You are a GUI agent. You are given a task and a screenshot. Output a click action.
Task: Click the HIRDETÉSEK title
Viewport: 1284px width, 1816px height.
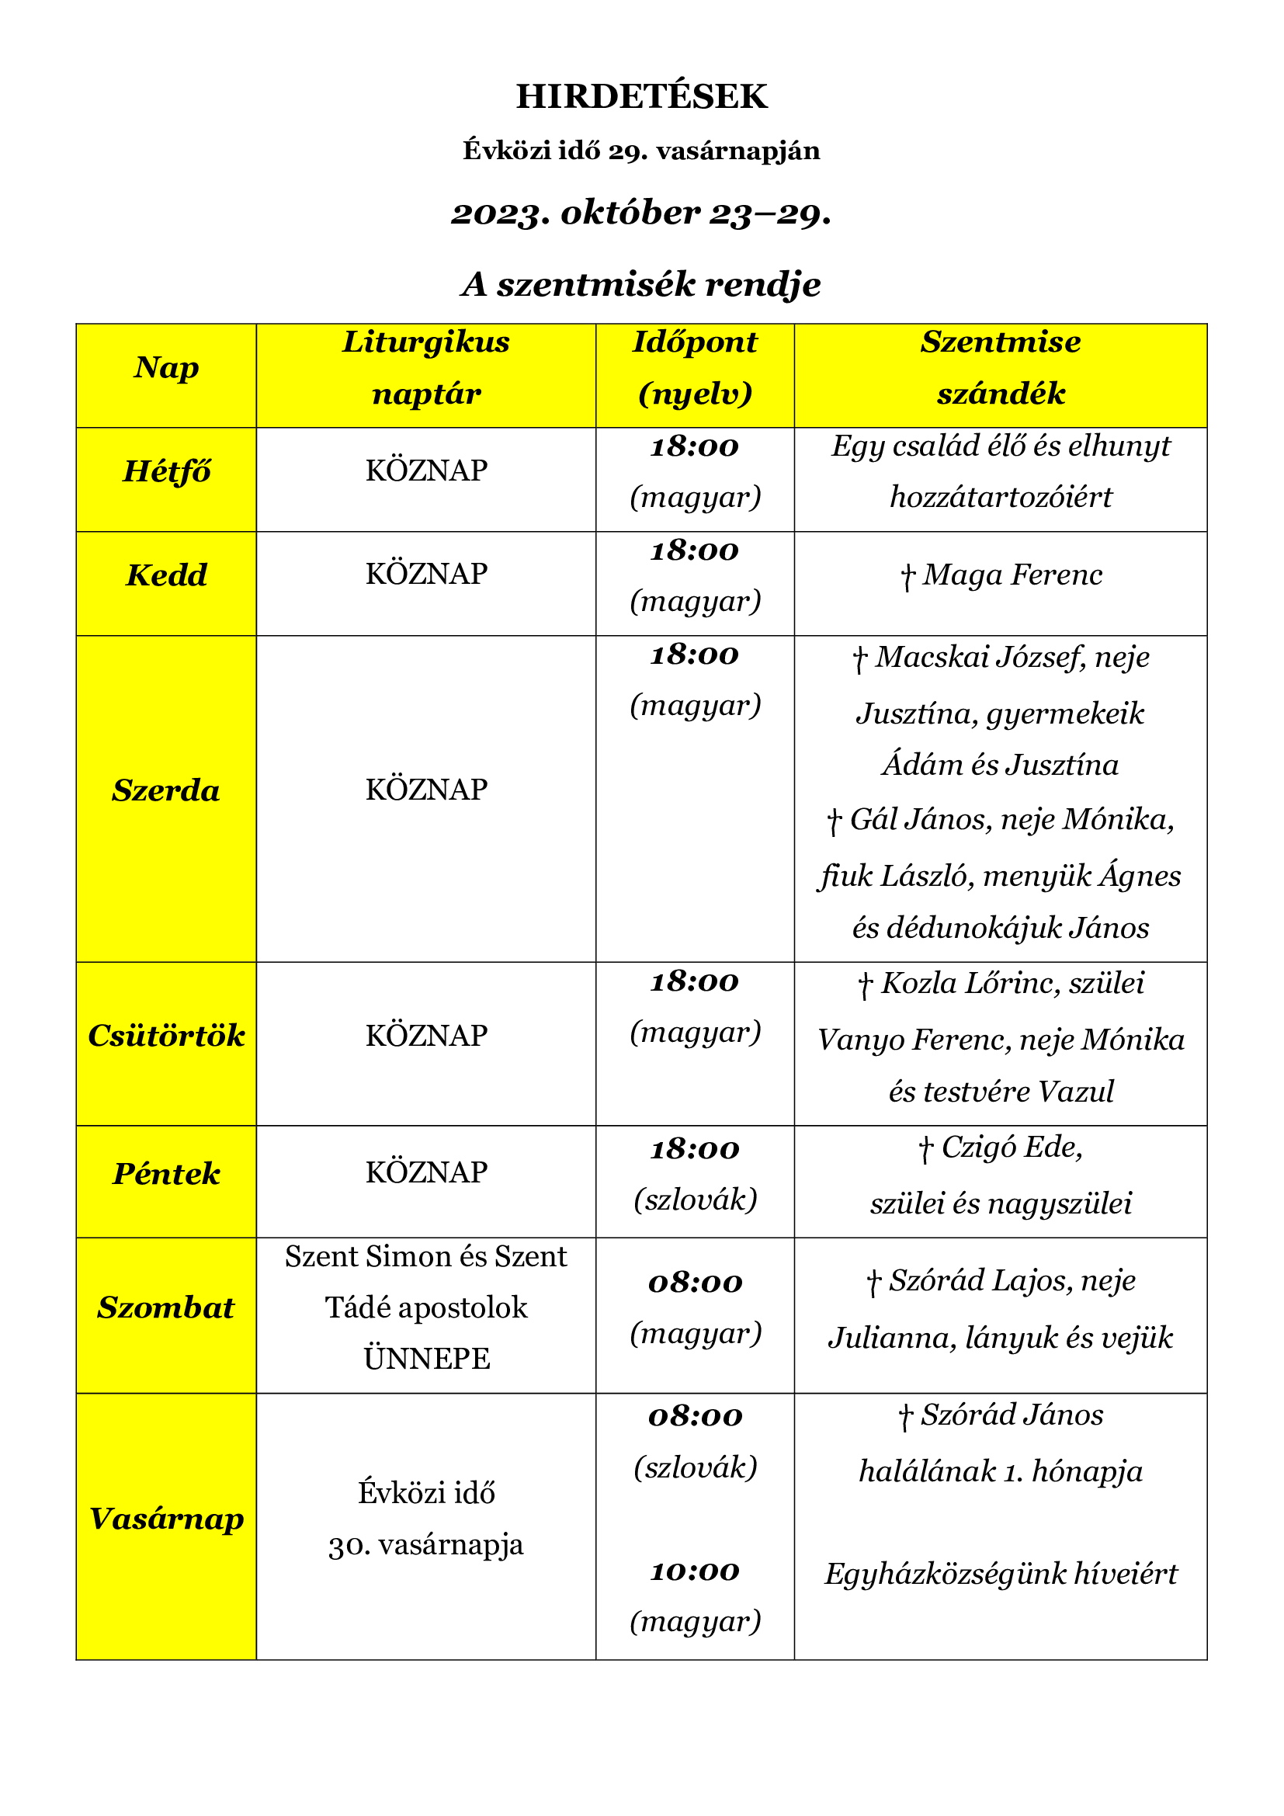[x=641, y=96]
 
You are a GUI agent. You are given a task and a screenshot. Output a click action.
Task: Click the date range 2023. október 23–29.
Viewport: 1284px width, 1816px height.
[x=641, y=213]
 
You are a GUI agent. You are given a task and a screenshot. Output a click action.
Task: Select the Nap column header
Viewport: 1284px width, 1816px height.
[x=166, y=368]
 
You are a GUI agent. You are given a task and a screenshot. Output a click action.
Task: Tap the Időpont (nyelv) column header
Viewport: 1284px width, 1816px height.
[x=694, y=368]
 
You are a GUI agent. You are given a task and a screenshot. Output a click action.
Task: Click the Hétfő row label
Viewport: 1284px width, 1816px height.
[x=166, y=471]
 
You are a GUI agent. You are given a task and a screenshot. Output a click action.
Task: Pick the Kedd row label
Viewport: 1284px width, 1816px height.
[x=166, y=575]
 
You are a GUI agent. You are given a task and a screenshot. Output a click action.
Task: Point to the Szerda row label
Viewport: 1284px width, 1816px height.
[x=166, y=790]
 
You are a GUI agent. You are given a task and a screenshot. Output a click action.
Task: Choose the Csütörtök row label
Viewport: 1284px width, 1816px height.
[x=166, y=1036]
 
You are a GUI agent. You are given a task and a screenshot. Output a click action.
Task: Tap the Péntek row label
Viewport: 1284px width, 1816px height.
[x=166, y=1174]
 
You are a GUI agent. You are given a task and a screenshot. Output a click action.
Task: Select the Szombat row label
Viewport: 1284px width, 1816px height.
[x=166, y=1308]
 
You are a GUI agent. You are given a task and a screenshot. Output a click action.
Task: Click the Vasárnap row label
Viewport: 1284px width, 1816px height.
[x=166, y=1519]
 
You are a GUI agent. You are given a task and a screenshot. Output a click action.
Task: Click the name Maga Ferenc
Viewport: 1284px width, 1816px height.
[x=1012, y=575]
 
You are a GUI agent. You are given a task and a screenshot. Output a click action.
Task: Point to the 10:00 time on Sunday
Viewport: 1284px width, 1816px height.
[x=694, y=1570]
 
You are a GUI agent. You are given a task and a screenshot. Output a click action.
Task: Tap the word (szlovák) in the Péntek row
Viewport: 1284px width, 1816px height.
[x=695, y=1200]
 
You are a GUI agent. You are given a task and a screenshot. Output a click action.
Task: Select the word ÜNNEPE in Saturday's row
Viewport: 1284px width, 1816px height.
[x=426, y=1359]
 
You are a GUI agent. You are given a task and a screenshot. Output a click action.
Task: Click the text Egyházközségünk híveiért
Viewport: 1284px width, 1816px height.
[x=1000, y=1573]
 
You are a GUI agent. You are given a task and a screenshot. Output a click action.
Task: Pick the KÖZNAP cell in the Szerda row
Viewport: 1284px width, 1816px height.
[x=426, y=790]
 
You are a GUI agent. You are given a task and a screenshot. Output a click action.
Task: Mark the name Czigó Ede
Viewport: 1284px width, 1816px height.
[x=1012, y=1147]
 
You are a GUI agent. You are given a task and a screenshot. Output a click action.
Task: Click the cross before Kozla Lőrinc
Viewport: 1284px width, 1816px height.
[x=865, y=984]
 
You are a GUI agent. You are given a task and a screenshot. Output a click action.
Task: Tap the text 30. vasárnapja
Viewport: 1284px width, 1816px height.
[x=426, y=1545]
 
